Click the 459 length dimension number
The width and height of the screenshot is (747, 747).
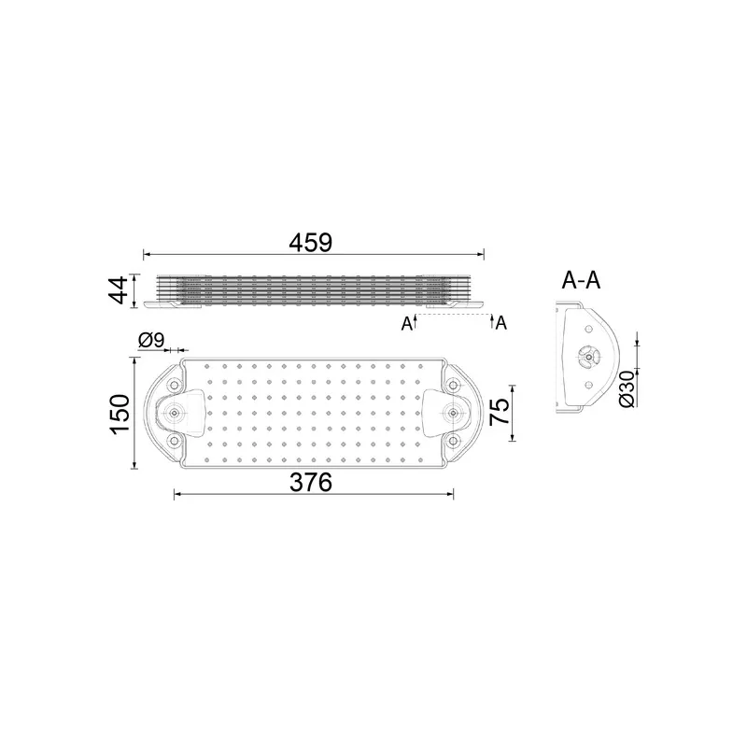point(311,241)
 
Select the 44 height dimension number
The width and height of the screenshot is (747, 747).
point(117,290)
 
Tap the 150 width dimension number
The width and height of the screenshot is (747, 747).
point(118,414)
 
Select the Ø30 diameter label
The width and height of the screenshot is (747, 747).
point(627,388)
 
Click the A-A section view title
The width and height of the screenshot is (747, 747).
point(581,279)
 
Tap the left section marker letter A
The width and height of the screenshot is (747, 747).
point(406,324)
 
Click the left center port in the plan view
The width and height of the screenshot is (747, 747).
point(175,413)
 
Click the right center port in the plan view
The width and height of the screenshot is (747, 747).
point(453,413)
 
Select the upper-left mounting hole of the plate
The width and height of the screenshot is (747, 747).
point(175,384)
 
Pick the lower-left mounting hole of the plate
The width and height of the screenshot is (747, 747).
point(175,441)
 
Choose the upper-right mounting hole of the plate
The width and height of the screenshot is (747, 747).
point(453,384)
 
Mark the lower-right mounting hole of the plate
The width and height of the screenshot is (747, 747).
point(453,441)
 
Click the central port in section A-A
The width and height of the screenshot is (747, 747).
point(587,357)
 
